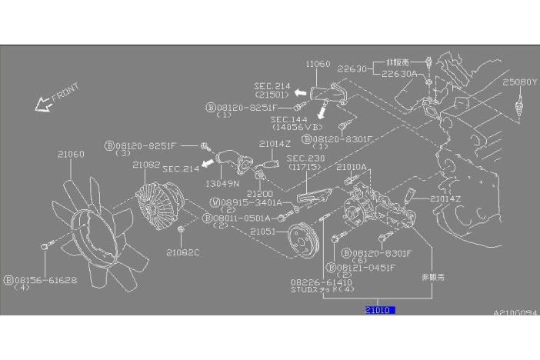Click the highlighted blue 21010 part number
379,310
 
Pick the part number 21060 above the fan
70,154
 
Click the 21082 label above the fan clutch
145,165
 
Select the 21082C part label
182,252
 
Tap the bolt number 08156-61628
45,280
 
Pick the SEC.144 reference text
287,120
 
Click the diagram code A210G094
515,313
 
